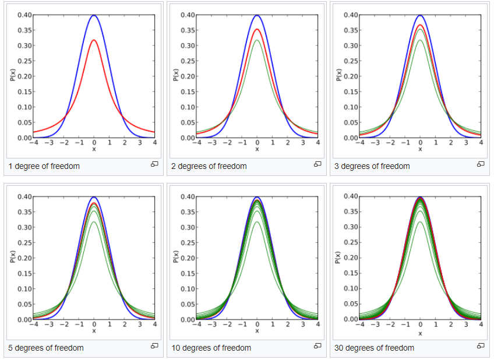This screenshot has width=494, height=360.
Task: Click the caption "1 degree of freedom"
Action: tap(44, 166)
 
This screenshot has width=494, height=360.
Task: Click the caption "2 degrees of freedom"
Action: tap(209, 166)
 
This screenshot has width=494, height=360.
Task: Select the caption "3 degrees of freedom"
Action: tap(372, 166)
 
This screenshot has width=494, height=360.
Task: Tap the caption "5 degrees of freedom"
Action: tap(46, 348)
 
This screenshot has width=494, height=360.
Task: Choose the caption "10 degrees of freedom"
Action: tap(211, 348)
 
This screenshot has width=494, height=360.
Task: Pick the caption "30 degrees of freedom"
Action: tap(374, 348)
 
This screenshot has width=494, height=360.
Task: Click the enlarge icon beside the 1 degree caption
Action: tap(154, 164)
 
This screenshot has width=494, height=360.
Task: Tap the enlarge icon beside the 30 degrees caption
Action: tap(481, 346)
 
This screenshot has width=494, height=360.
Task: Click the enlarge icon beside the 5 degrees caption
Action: tap(154, 346)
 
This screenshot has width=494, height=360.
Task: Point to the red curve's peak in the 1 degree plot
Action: tap(94, 40)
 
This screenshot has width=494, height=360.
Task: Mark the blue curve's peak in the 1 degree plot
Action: tap(94, 15)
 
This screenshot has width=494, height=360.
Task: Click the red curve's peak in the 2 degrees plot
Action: tap(257, 29)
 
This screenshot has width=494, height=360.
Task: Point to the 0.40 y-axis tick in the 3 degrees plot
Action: tap(351, 15)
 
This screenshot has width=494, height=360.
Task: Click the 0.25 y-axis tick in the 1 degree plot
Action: tap(24, 61)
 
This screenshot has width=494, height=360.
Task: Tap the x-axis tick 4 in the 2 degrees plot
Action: tap(318, 143)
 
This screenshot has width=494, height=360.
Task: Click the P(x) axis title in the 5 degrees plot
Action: tap(12, 257)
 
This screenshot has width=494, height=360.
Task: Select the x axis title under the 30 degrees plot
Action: tap(421, 331)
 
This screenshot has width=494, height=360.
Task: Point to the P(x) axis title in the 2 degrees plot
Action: tap(175, 75)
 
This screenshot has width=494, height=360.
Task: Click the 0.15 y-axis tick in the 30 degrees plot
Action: tap(351, 273)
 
